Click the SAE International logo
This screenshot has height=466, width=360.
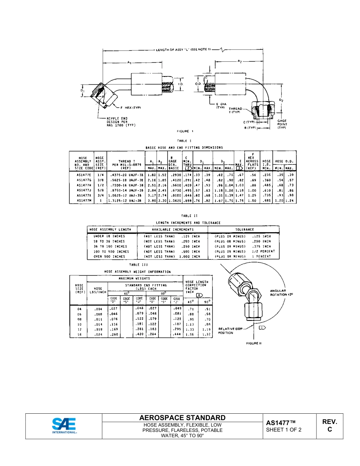(x=64, y=426)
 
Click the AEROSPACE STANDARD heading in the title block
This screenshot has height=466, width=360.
(x=182, y=418)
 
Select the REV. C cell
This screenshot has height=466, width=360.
(x=329, y=425)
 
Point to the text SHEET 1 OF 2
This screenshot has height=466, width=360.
(x=283, y=430)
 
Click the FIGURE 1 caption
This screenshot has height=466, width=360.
(x=185, y=131)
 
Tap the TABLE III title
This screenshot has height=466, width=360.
(x=138, y=264)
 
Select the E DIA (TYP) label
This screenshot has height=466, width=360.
(x=221, y=105)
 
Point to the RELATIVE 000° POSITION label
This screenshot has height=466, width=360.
(x=230, y=331)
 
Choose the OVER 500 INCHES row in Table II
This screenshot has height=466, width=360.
(x=109, y=256)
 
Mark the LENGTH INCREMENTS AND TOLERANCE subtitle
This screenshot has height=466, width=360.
(x=188, y=223)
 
